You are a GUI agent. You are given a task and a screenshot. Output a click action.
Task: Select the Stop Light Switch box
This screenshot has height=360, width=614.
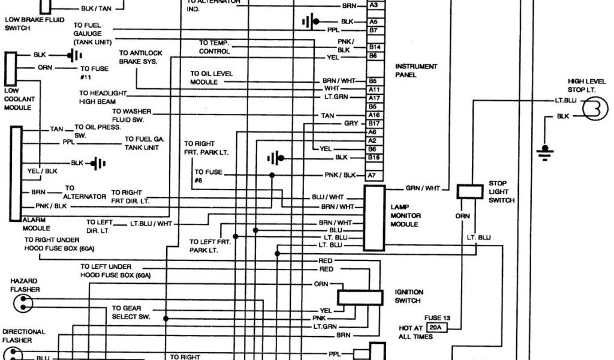coord(469,191)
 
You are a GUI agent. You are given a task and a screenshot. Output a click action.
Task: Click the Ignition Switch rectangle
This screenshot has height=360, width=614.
coord(360,298)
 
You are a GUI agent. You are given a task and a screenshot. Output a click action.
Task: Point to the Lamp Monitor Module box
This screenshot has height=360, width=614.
coord(374,217)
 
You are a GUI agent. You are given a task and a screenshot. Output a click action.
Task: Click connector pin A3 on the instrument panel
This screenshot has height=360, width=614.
coord(374,5)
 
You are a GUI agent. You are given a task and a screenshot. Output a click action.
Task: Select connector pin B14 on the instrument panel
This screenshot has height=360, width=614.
coord(374,46)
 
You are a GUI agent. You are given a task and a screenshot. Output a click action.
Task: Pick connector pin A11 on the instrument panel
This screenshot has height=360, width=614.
coord(374,89)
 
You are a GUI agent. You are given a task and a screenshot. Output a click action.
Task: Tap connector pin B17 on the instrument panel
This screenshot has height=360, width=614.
coord(374,123)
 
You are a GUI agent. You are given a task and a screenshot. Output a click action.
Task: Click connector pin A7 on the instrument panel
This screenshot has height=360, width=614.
coord(372,175)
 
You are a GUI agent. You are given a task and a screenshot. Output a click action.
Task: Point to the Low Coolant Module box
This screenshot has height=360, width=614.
coord(11,70)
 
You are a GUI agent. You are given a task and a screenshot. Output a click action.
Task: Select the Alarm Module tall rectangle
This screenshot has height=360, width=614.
coord(16,173)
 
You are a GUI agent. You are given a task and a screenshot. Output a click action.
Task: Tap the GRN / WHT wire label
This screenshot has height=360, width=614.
coord(422,188)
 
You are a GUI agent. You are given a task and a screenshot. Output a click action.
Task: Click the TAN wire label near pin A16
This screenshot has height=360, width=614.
coord(327,115)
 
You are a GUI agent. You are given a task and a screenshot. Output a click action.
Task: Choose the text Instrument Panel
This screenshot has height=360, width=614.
coord(416,71)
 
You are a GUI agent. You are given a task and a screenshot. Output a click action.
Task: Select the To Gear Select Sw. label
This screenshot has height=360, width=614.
coord(131,312)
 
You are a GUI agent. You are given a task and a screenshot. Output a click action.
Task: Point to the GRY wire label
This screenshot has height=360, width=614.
coord(351,123)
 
